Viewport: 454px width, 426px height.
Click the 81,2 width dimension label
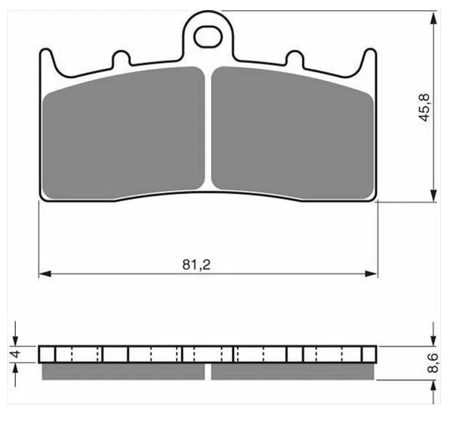tap(196, 265)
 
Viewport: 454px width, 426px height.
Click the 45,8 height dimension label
tap(425, 108)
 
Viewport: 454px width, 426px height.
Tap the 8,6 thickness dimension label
tap(433, 363)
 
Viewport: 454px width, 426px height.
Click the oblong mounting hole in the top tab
tap(208, 36)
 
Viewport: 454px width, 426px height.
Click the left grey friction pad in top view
tap(124, 133)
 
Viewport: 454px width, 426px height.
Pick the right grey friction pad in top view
tap(293, 133)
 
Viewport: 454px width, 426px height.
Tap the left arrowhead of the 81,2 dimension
tap(45, 273)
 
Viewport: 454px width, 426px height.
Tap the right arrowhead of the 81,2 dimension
tap(372, 273)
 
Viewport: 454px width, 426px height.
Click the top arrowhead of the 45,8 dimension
tap(434, 17)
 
